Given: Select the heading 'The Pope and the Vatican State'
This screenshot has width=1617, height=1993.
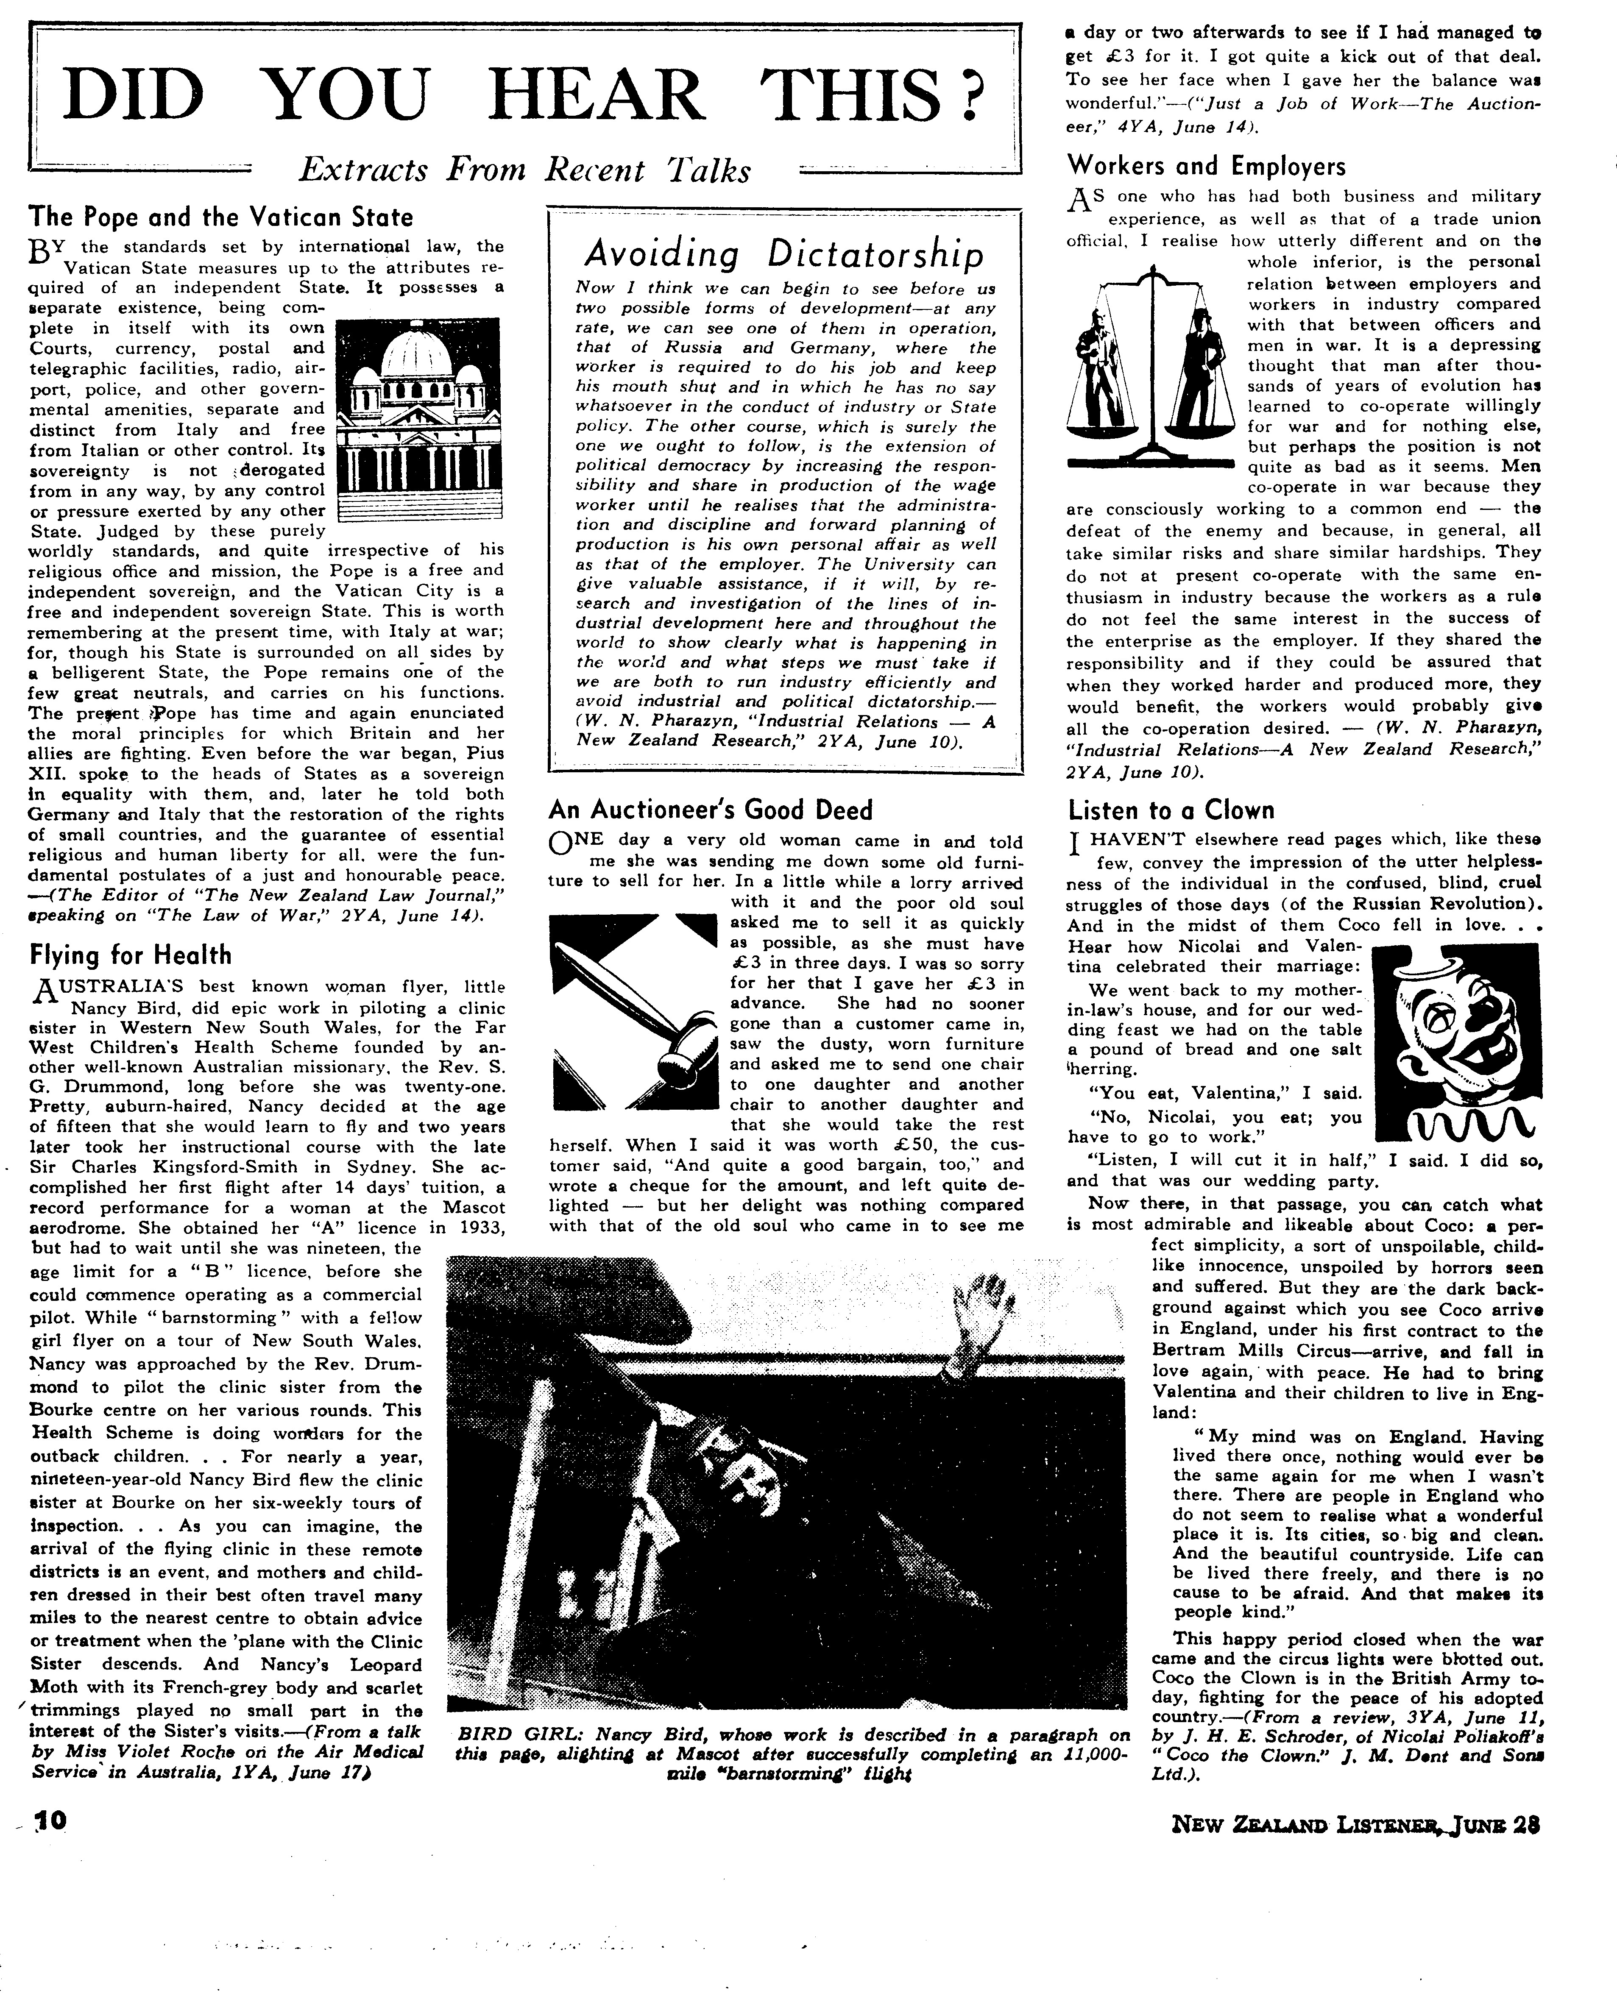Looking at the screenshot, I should pos(221,217).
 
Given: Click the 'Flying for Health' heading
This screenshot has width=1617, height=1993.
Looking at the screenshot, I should pos(131,955).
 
